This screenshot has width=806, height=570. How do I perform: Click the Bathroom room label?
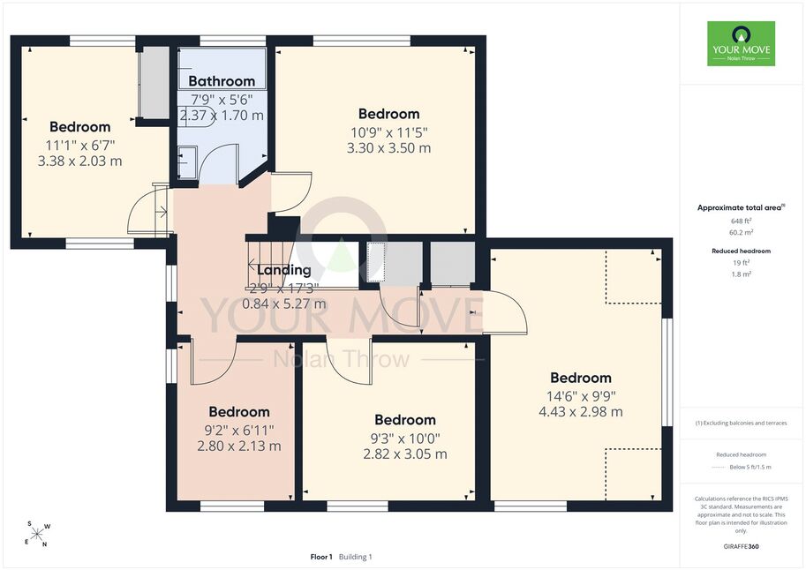click(x=222, y=81)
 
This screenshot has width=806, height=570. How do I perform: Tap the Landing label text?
click(x=283, y=270)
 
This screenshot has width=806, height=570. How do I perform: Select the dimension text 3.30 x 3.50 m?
click(x=389, y=148)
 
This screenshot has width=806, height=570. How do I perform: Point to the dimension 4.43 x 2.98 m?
click(x=581, y=412)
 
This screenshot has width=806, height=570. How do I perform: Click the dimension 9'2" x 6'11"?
click(x=239, y=430)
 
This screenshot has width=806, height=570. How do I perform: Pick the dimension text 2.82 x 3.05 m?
click(x=405, y=454)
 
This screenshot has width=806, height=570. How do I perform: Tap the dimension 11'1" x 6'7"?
click(x=79, y=145)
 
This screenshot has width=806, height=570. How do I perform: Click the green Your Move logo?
click(x=742, y=44)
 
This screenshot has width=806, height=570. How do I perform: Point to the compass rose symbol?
click(x=37, y=534)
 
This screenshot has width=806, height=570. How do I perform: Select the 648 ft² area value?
click(x=742, y=221)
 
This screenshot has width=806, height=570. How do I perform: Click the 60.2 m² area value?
click(x=742, y=232)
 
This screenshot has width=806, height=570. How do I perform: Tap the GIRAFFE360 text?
click(x=742, y=546)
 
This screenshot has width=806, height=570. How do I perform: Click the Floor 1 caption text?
click(x=321, y=557)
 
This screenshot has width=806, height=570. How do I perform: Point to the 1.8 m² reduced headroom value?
click(x=742, y=274)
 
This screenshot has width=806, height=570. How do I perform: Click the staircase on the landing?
click(x=270, y=264)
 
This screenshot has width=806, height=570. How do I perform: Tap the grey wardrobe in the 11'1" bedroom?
click(x=154, y=82)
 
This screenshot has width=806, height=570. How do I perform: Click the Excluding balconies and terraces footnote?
click(x=742, y=423)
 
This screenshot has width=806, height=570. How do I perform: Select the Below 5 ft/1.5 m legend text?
click(x=750, y=467)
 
